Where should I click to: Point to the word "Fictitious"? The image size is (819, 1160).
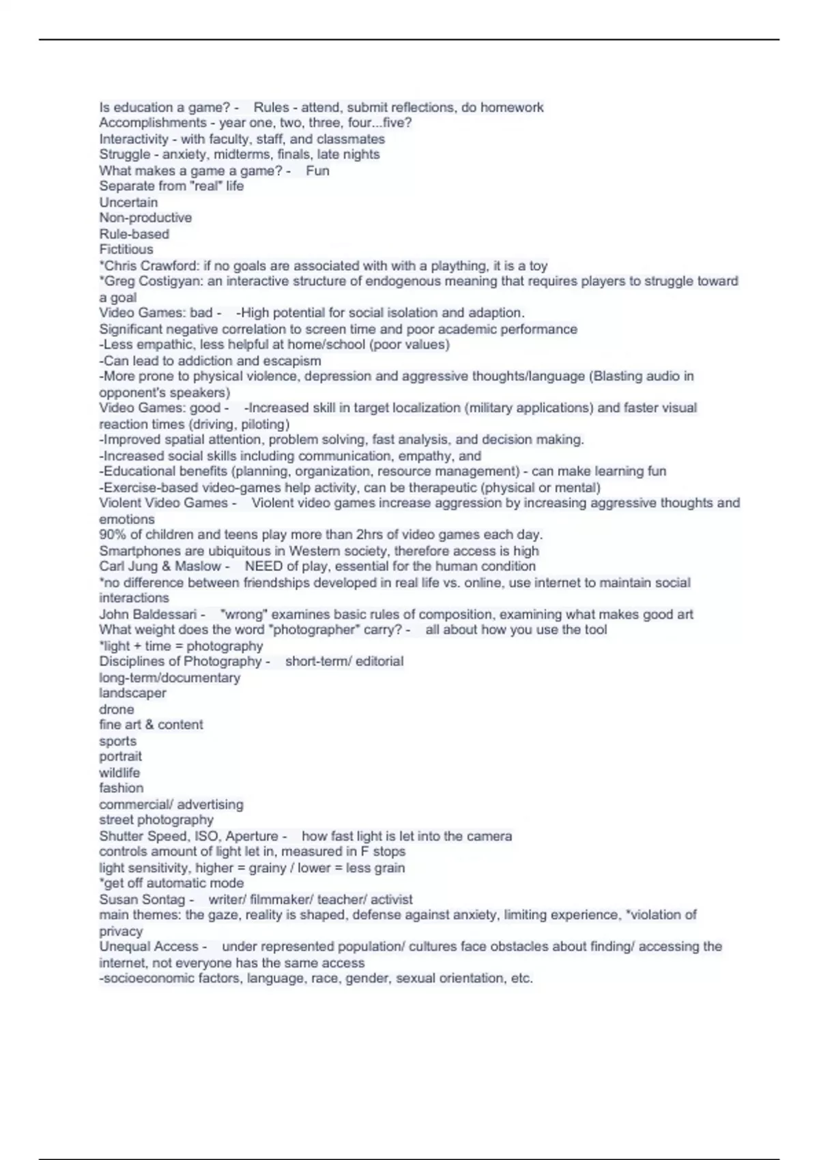[x=126, y=249]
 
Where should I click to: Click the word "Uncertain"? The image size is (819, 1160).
[x=128, y=202]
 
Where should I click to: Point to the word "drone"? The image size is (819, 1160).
[x=117, y=709]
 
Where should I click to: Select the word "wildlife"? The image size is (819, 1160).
[x=119, y=772]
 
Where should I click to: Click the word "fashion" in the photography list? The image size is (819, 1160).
[x=121, y=788]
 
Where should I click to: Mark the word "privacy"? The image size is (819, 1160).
[x=121, y=931]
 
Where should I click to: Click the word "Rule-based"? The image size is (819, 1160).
[x=134, y=233]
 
